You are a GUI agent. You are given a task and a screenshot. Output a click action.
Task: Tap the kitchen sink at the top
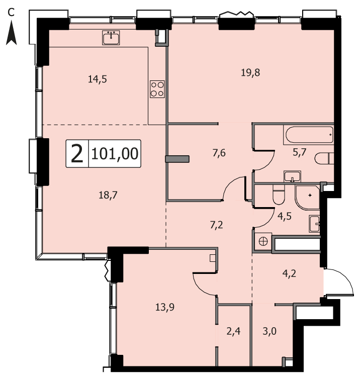[111, 38]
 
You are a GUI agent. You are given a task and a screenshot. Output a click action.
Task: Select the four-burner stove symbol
[157, 89]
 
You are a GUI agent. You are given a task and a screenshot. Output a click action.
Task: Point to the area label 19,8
[250, 72]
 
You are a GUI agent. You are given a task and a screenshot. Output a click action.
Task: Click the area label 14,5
[97, 79]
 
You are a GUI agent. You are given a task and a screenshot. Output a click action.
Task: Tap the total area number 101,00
[115, 154]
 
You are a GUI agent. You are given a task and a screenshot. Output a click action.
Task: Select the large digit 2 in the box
[77, 153]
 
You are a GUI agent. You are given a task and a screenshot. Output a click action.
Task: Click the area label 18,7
[108, 195]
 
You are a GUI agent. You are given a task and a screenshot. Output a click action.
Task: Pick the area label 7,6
[219, 153]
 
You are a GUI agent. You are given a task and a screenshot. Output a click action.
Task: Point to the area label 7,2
[216, 225]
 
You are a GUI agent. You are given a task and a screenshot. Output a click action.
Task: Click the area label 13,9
[165, 307]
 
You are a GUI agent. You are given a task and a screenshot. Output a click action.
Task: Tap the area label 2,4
[233, 331]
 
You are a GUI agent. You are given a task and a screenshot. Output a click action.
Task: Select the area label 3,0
[269, 331]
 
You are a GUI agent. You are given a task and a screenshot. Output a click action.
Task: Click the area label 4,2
[289, 273]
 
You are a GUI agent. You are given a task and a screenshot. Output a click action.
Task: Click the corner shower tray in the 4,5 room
[307, 198]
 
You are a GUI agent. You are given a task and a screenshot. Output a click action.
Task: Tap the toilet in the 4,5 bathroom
[279, 195]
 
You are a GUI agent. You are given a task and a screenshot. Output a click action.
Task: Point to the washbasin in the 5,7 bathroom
[292, 176]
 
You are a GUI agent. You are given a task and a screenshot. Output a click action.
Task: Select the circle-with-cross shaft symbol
[263, 241]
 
